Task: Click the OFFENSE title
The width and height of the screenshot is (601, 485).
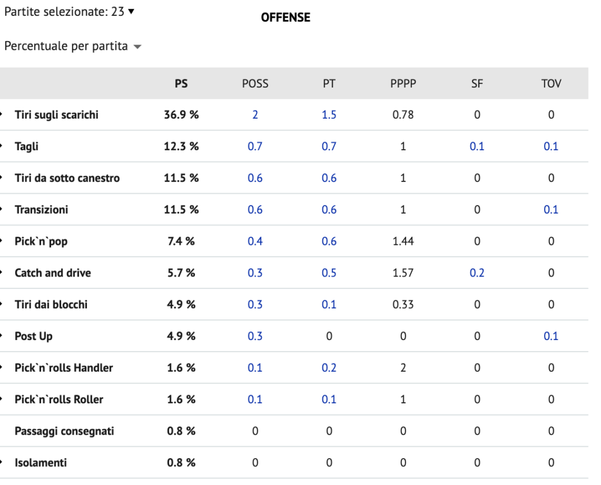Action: click(x=286, y=17)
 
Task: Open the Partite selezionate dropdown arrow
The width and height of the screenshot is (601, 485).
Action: click(x=131, y=12)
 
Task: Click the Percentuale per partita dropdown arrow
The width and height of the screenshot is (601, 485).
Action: click(x=137, y=47)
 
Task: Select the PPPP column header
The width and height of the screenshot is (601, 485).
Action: click(x=403, y=83)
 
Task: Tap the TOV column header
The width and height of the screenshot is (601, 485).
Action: click(x=551, y=83)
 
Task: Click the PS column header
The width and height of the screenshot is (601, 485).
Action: click(x=181, y=83)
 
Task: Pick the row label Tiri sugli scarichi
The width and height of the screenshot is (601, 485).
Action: click(x=56, y=115)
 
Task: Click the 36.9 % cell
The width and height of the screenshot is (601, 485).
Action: click(x=181, y=114)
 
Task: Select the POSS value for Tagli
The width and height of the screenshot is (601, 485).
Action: click(x=255, y=146)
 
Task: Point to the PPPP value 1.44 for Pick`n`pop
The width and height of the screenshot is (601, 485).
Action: click(x=403, y=241)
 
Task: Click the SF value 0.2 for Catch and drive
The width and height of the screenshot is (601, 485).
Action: click(x=477, y=273)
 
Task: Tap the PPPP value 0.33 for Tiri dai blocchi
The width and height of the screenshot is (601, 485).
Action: click(x=403, y=304)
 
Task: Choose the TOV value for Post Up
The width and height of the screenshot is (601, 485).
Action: click(x=551, y=336)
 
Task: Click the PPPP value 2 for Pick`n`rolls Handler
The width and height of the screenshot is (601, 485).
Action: click(x=403, y=368)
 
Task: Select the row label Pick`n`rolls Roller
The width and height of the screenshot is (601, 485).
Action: click(x=59, y=399)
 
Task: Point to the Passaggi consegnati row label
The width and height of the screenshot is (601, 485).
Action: click(x=65, y=432)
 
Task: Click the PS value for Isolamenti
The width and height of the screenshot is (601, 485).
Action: click(x=181, y=463)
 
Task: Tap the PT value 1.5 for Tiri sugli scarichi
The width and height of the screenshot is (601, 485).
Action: click(x=329, y=114)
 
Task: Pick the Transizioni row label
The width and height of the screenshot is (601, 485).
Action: click(x=42, y=210)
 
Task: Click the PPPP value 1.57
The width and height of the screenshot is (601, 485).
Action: click(x=403, y=273)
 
